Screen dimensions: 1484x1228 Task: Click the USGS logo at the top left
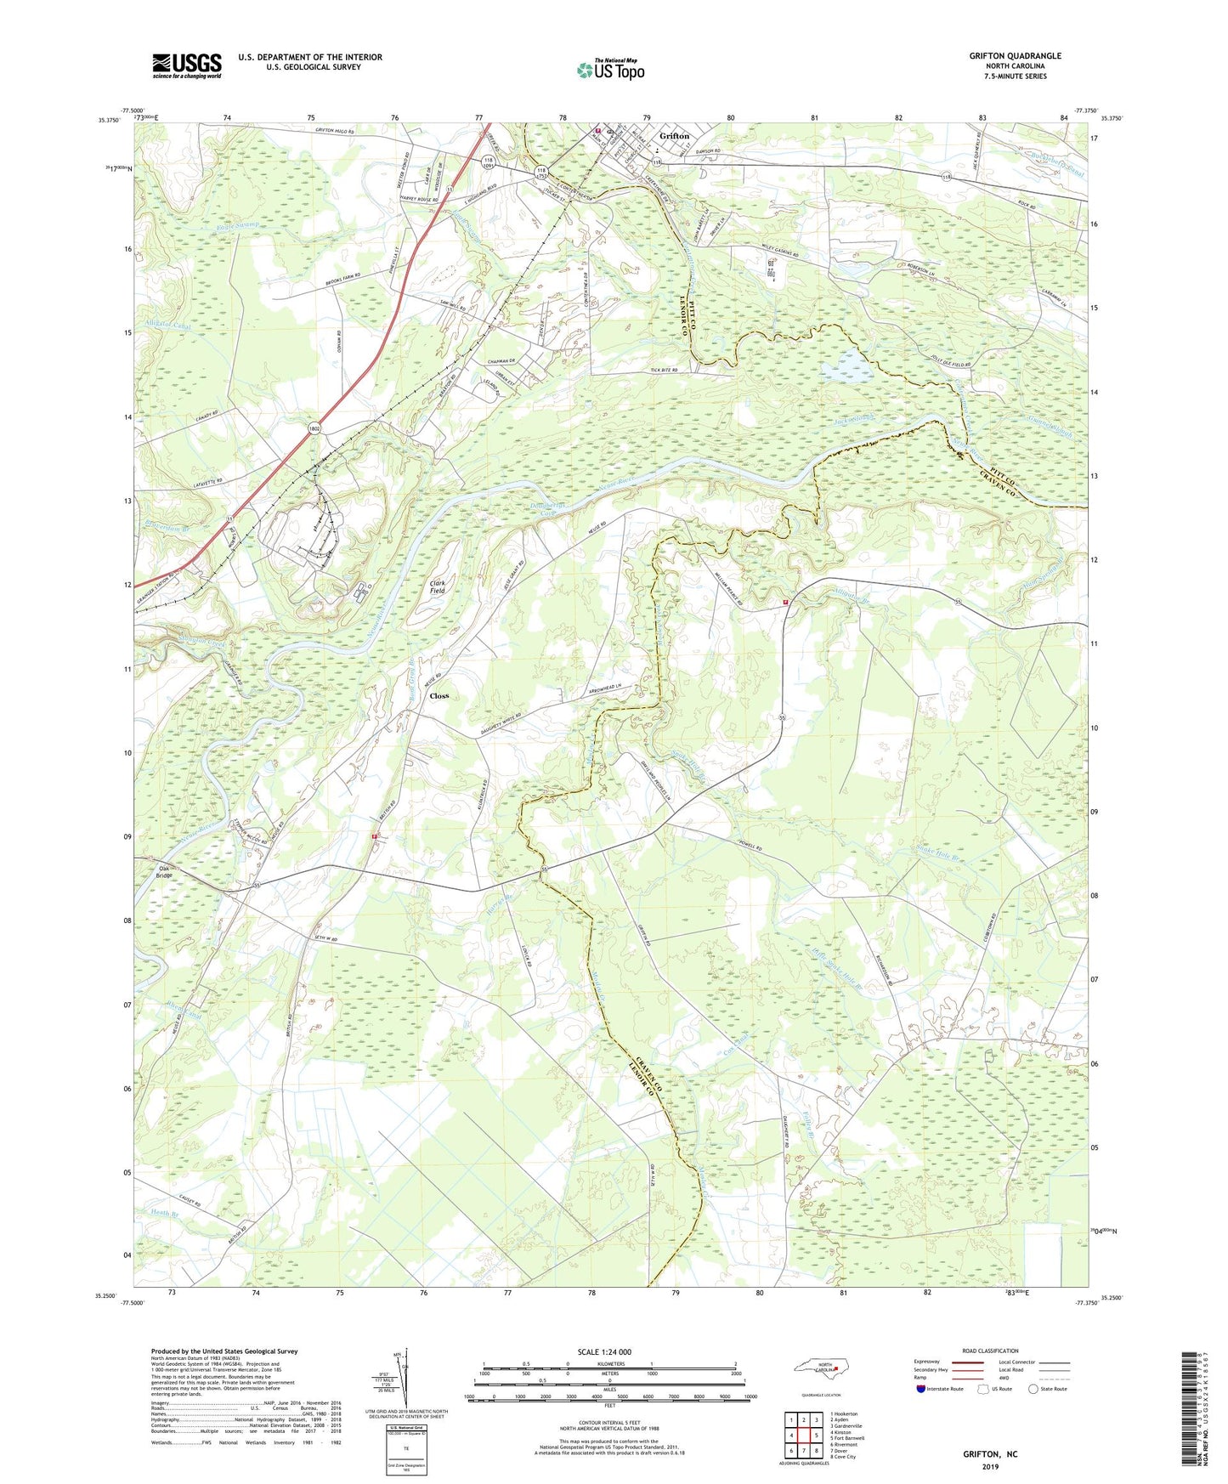coord(186,65)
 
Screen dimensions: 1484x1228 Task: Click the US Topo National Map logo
coord(609,70)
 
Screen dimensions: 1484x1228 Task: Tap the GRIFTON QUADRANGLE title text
coord(1015,56)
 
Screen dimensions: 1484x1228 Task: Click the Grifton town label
coord(675,136)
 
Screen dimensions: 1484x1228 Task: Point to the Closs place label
coord(439,696)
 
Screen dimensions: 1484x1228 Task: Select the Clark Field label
coord(438,586)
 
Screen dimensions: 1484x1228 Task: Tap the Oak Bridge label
coord(165,872)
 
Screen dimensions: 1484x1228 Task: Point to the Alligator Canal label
coord(168,326)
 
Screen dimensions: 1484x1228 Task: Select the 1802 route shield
coord(314,430)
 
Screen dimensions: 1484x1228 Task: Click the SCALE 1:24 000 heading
coord(603,1352)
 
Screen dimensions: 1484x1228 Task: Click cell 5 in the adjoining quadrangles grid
coord(815,1436)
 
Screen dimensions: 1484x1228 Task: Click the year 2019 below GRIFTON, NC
coord(989,1466)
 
